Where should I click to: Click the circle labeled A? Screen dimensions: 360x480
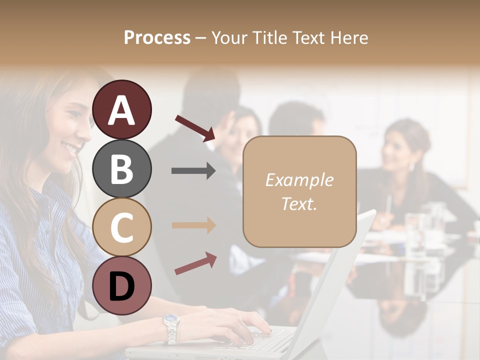point(122,109)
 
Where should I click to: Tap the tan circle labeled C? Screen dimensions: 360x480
point(122,227)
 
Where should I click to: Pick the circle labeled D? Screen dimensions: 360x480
point(122,285)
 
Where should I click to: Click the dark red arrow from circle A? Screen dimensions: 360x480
point(195,128)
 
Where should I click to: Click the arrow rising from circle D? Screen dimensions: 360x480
point(195,263)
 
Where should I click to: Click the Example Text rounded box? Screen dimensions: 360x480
point(299,191)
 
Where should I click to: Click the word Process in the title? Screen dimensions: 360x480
point(157,38)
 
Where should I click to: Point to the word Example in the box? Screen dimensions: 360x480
point(299,180)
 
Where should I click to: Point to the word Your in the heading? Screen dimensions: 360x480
point(230,38)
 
